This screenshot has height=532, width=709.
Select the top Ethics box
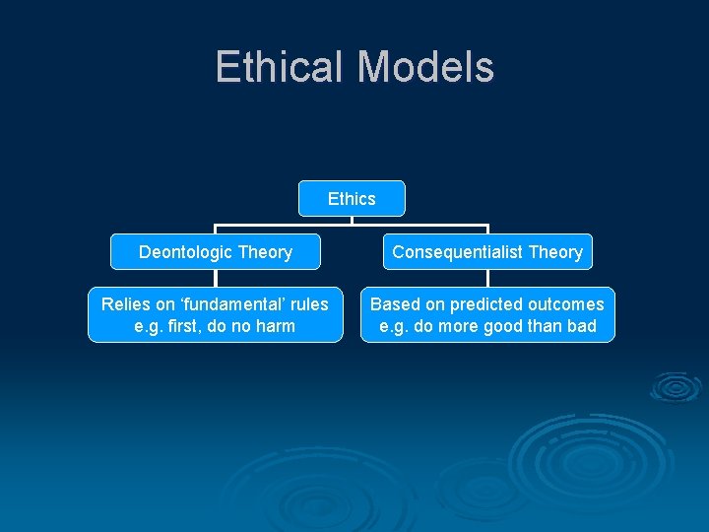(x=352, y=198)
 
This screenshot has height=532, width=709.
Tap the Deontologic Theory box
(x=216, y=251)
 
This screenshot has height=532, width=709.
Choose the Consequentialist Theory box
(x=487, y=251)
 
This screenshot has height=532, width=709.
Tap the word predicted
(x=484, y=304)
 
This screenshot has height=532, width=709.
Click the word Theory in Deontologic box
(x=266, y=252)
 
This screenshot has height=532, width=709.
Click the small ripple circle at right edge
(x=675, y=387)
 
